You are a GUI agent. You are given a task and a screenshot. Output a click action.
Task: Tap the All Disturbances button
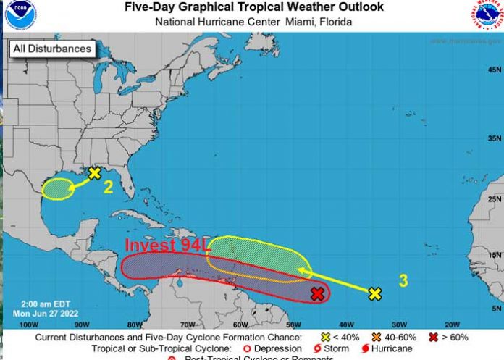(51, 49)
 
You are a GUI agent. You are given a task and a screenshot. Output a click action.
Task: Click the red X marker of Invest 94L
(317, 293)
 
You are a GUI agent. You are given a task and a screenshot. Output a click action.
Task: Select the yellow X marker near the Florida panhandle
(94, 173)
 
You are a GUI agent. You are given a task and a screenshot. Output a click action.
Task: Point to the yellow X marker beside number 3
(374, 293)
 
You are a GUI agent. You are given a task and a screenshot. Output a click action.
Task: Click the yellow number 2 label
(108, 188)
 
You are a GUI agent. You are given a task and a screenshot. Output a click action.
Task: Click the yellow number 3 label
(403, 280)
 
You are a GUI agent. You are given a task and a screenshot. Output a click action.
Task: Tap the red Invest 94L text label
(167, 246)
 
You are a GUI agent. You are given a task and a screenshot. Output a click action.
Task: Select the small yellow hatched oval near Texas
(58, 189)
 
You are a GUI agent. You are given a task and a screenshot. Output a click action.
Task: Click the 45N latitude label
(494, 70)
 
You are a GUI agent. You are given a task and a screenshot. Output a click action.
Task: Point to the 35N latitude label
(494, 138)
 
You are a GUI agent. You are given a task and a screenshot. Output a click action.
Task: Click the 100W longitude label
(28, 324)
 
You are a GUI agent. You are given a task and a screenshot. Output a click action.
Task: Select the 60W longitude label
(238, 324)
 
